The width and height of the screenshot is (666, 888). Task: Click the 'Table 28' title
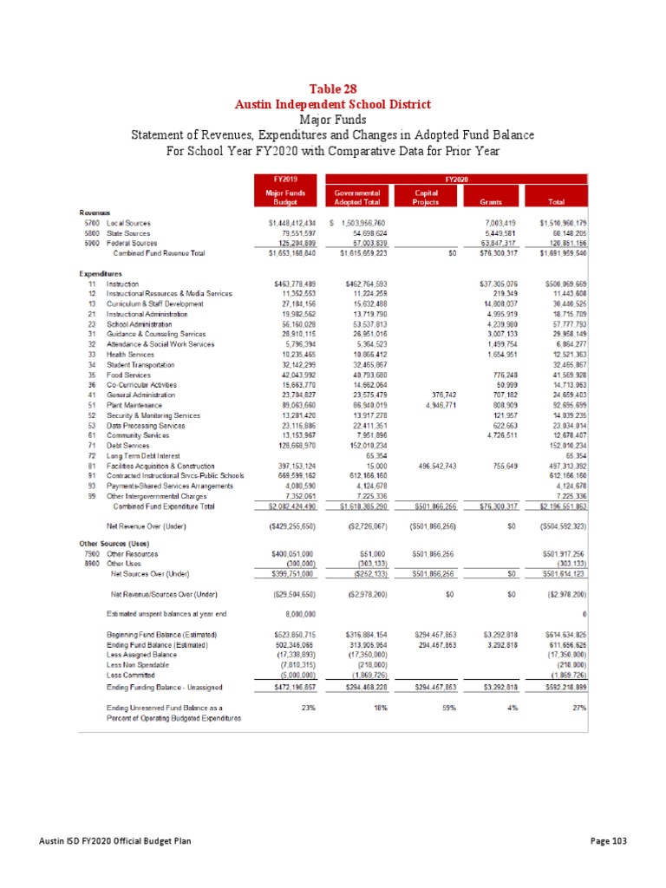click(332, 89)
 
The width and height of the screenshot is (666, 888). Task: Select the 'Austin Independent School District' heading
click(332, 104)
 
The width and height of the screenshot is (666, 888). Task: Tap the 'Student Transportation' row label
click(140, 365)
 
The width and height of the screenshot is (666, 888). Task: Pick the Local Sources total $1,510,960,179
click(564, 224)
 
